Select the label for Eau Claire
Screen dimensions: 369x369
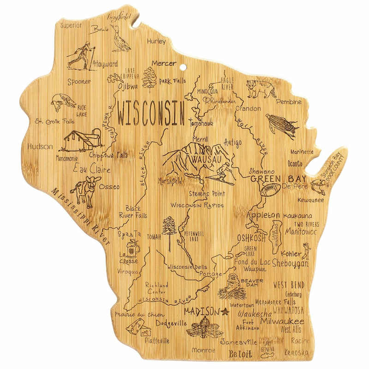pyautogui.click(x=92, y=170)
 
